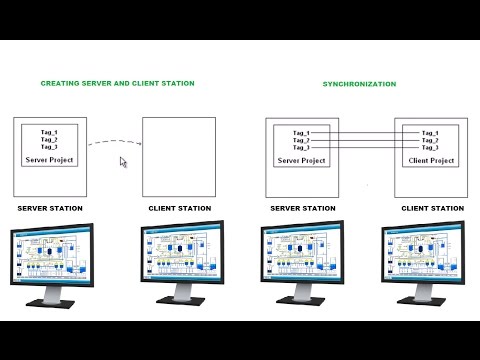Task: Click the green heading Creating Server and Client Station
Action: click(117, 83)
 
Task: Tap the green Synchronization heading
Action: click(357, 84)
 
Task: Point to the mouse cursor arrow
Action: click(123, 161)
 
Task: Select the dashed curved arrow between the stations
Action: click(111, 143)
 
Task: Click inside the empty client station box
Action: click(179, 157)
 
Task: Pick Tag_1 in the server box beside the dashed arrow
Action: click(48, 132)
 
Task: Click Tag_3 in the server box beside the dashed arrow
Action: click(48, 147)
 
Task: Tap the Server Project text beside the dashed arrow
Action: click(48, 159)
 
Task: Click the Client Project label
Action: click(431, 159)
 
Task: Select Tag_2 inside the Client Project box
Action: click(431, 140)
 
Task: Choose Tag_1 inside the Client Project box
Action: click(431, 132)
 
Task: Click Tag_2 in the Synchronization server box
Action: click(301, 140)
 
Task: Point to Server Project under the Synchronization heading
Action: click(301, 159)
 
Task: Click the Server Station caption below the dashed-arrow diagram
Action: click(50, 208)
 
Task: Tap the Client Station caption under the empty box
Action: click(179, 208)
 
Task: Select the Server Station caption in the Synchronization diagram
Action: click(302, 208)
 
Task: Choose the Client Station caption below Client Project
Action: click(432, 208)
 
